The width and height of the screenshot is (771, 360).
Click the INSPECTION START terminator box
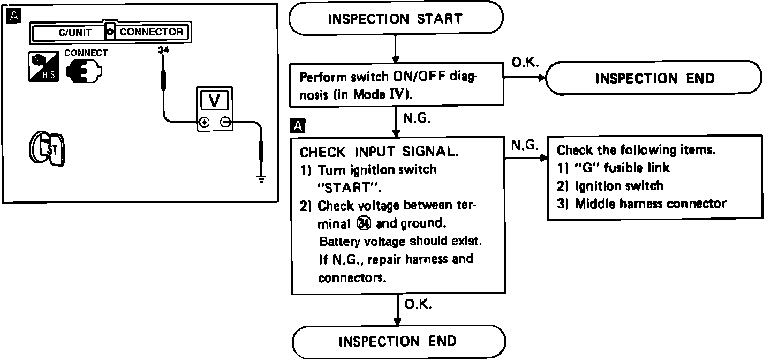coord(396,19)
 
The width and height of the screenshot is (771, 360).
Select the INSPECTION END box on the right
coord(654,78)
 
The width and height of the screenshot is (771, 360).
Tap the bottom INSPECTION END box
coord(398,341)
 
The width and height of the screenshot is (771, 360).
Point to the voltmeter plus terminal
coord(204,123)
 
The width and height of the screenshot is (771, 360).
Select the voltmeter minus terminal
coord(226,123)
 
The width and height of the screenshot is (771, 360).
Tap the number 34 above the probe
coord(162,50)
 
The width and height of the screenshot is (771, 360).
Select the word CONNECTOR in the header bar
coord(151,32)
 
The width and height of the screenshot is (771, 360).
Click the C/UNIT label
coord(74,33)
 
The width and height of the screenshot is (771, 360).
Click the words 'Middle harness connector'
coord(650,204)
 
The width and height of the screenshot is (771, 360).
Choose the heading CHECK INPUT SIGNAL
coord(379,152)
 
